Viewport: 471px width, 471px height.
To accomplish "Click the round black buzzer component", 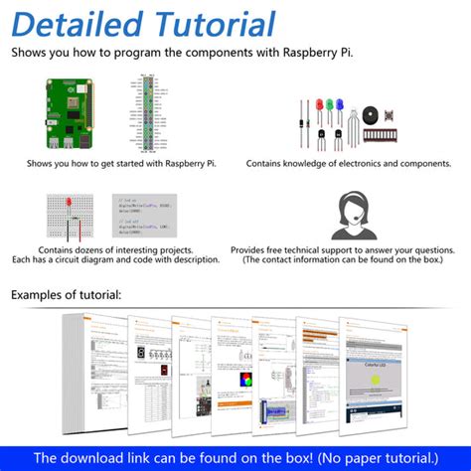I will point(372,115).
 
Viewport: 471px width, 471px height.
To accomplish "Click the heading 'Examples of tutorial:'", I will point(67,295).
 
